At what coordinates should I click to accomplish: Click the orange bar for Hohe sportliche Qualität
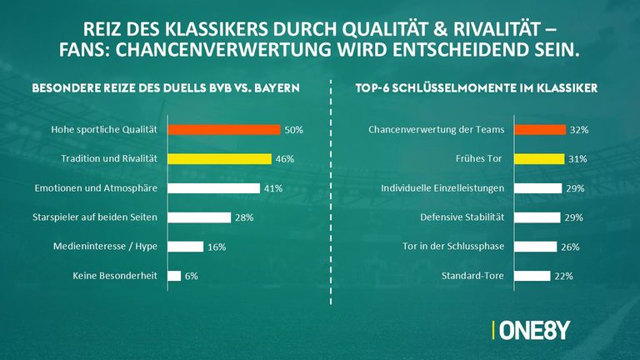[x=224, y=130]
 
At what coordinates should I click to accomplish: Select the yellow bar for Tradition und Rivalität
[x=219, y=158]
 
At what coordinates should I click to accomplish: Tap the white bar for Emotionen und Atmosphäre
[x=214, y=188]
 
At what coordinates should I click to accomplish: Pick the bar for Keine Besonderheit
[x=174, y=276]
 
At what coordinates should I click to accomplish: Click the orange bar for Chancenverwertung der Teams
[x=539, y=130]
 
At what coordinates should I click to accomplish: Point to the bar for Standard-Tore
[x=532, y=276]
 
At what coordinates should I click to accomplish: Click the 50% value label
[x=293, y=131]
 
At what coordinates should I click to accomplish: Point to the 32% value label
[x=578, y=131]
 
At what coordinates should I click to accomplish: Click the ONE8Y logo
[x=532, y=329]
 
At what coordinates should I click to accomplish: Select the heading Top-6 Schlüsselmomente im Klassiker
[x=478, y=87]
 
